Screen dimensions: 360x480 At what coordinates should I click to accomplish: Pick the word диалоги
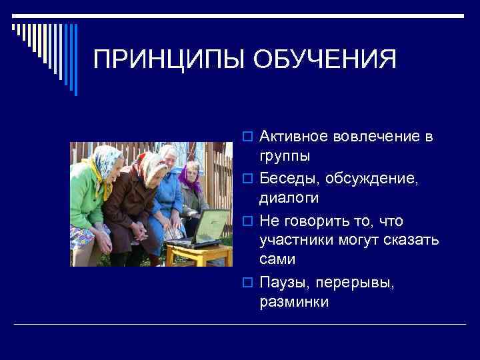pos(289,198)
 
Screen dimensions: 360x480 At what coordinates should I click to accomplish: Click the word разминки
pos(294,301)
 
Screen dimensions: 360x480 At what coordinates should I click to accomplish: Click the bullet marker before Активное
pos(249,137)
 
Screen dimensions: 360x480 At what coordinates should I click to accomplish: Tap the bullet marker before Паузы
pos(249,282)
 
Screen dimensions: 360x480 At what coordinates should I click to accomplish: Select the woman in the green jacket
pos(90,200)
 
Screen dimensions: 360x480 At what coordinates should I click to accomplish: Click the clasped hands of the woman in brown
pos(141,231)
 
